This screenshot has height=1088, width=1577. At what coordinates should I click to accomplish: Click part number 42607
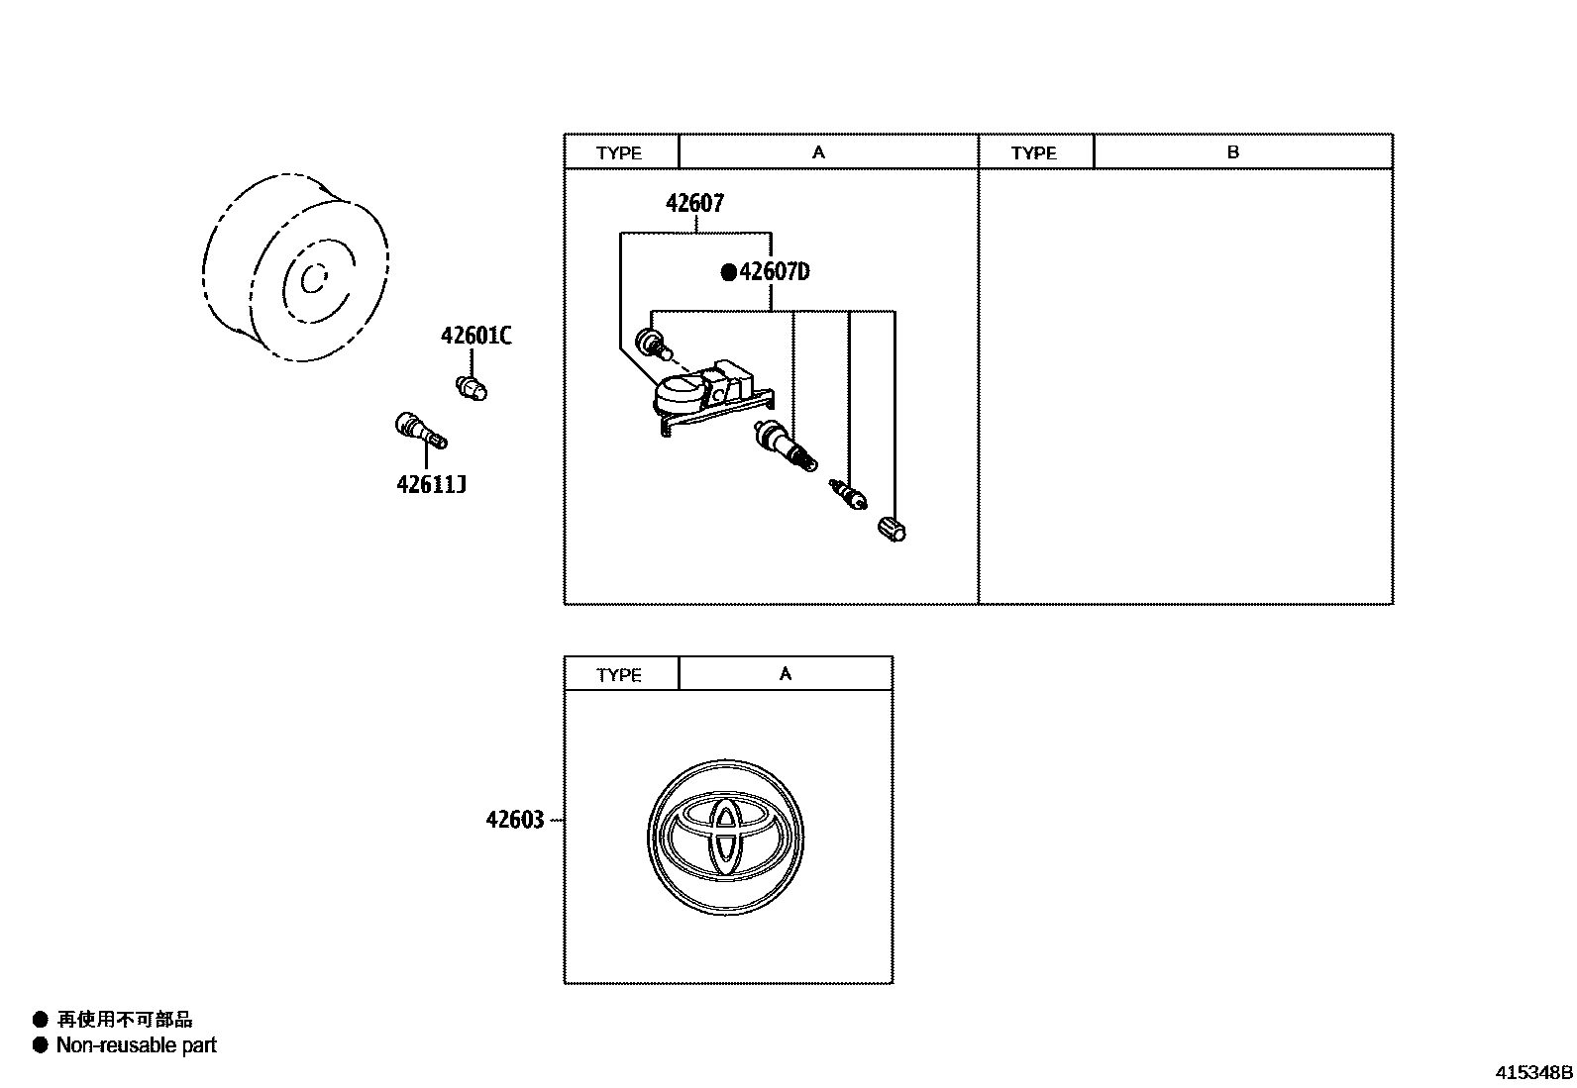[694, 204]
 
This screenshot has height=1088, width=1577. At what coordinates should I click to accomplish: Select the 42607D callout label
[774, 271]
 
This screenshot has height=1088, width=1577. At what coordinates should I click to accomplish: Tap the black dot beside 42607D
[729, 272]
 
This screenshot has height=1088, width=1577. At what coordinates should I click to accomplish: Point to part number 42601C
[475, 337]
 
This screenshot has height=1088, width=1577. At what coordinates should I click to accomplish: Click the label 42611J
[431, 485]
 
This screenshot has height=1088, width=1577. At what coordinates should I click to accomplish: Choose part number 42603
[515, 821]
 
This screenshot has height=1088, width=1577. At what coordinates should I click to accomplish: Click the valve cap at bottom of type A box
[892, 529]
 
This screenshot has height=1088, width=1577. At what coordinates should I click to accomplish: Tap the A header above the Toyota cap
[786, 674]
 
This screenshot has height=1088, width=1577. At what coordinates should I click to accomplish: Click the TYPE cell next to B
[1035, 152]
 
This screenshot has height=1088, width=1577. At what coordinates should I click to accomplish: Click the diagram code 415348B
[1533, 1072]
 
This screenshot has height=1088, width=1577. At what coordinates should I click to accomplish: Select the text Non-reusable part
[136, 1045]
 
